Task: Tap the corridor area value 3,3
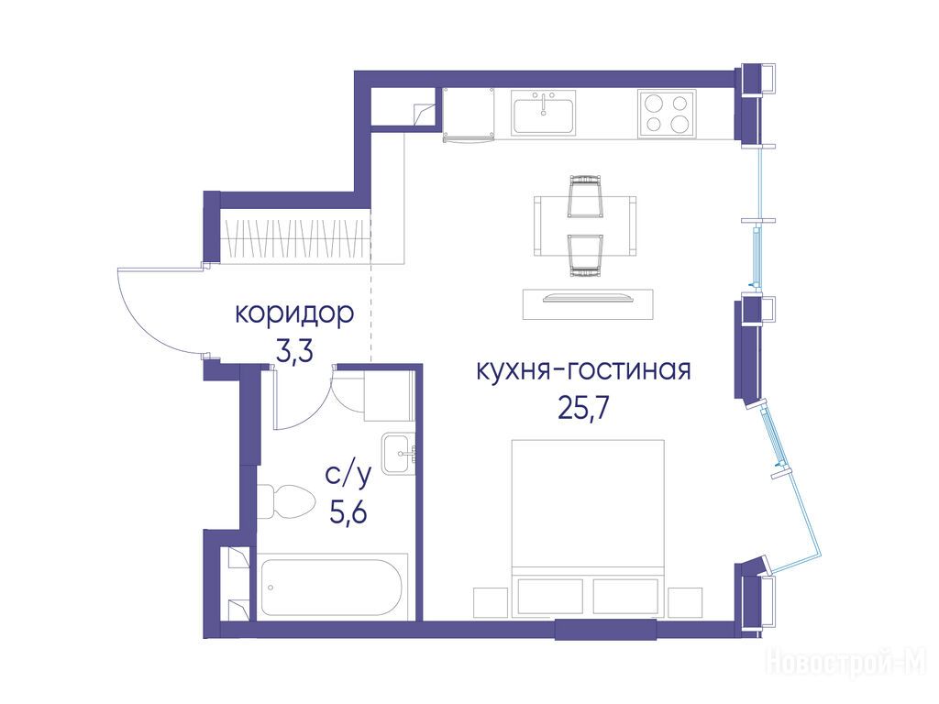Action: point(294,352)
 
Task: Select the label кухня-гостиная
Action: point(583,370)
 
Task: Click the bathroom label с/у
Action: point(348,476)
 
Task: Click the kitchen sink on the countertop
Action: point(544,113)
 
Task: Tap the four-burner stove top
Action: point(667,113)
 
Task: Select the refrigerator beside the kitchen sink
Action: point(468,115)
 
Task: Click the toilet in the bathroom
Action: point(286,501)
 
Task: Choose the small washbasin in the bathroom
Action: point(398,454)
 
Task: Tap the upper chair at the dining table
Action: point(585,196)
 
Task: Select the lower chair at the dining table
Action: point(584,256)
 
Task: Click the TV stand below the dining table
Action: point(588,303)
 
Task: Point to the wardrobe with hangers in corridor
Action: point(295,236)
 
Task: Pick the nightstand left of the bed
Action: point(492,601)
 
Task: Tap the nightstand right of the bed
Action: point(685,601)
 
